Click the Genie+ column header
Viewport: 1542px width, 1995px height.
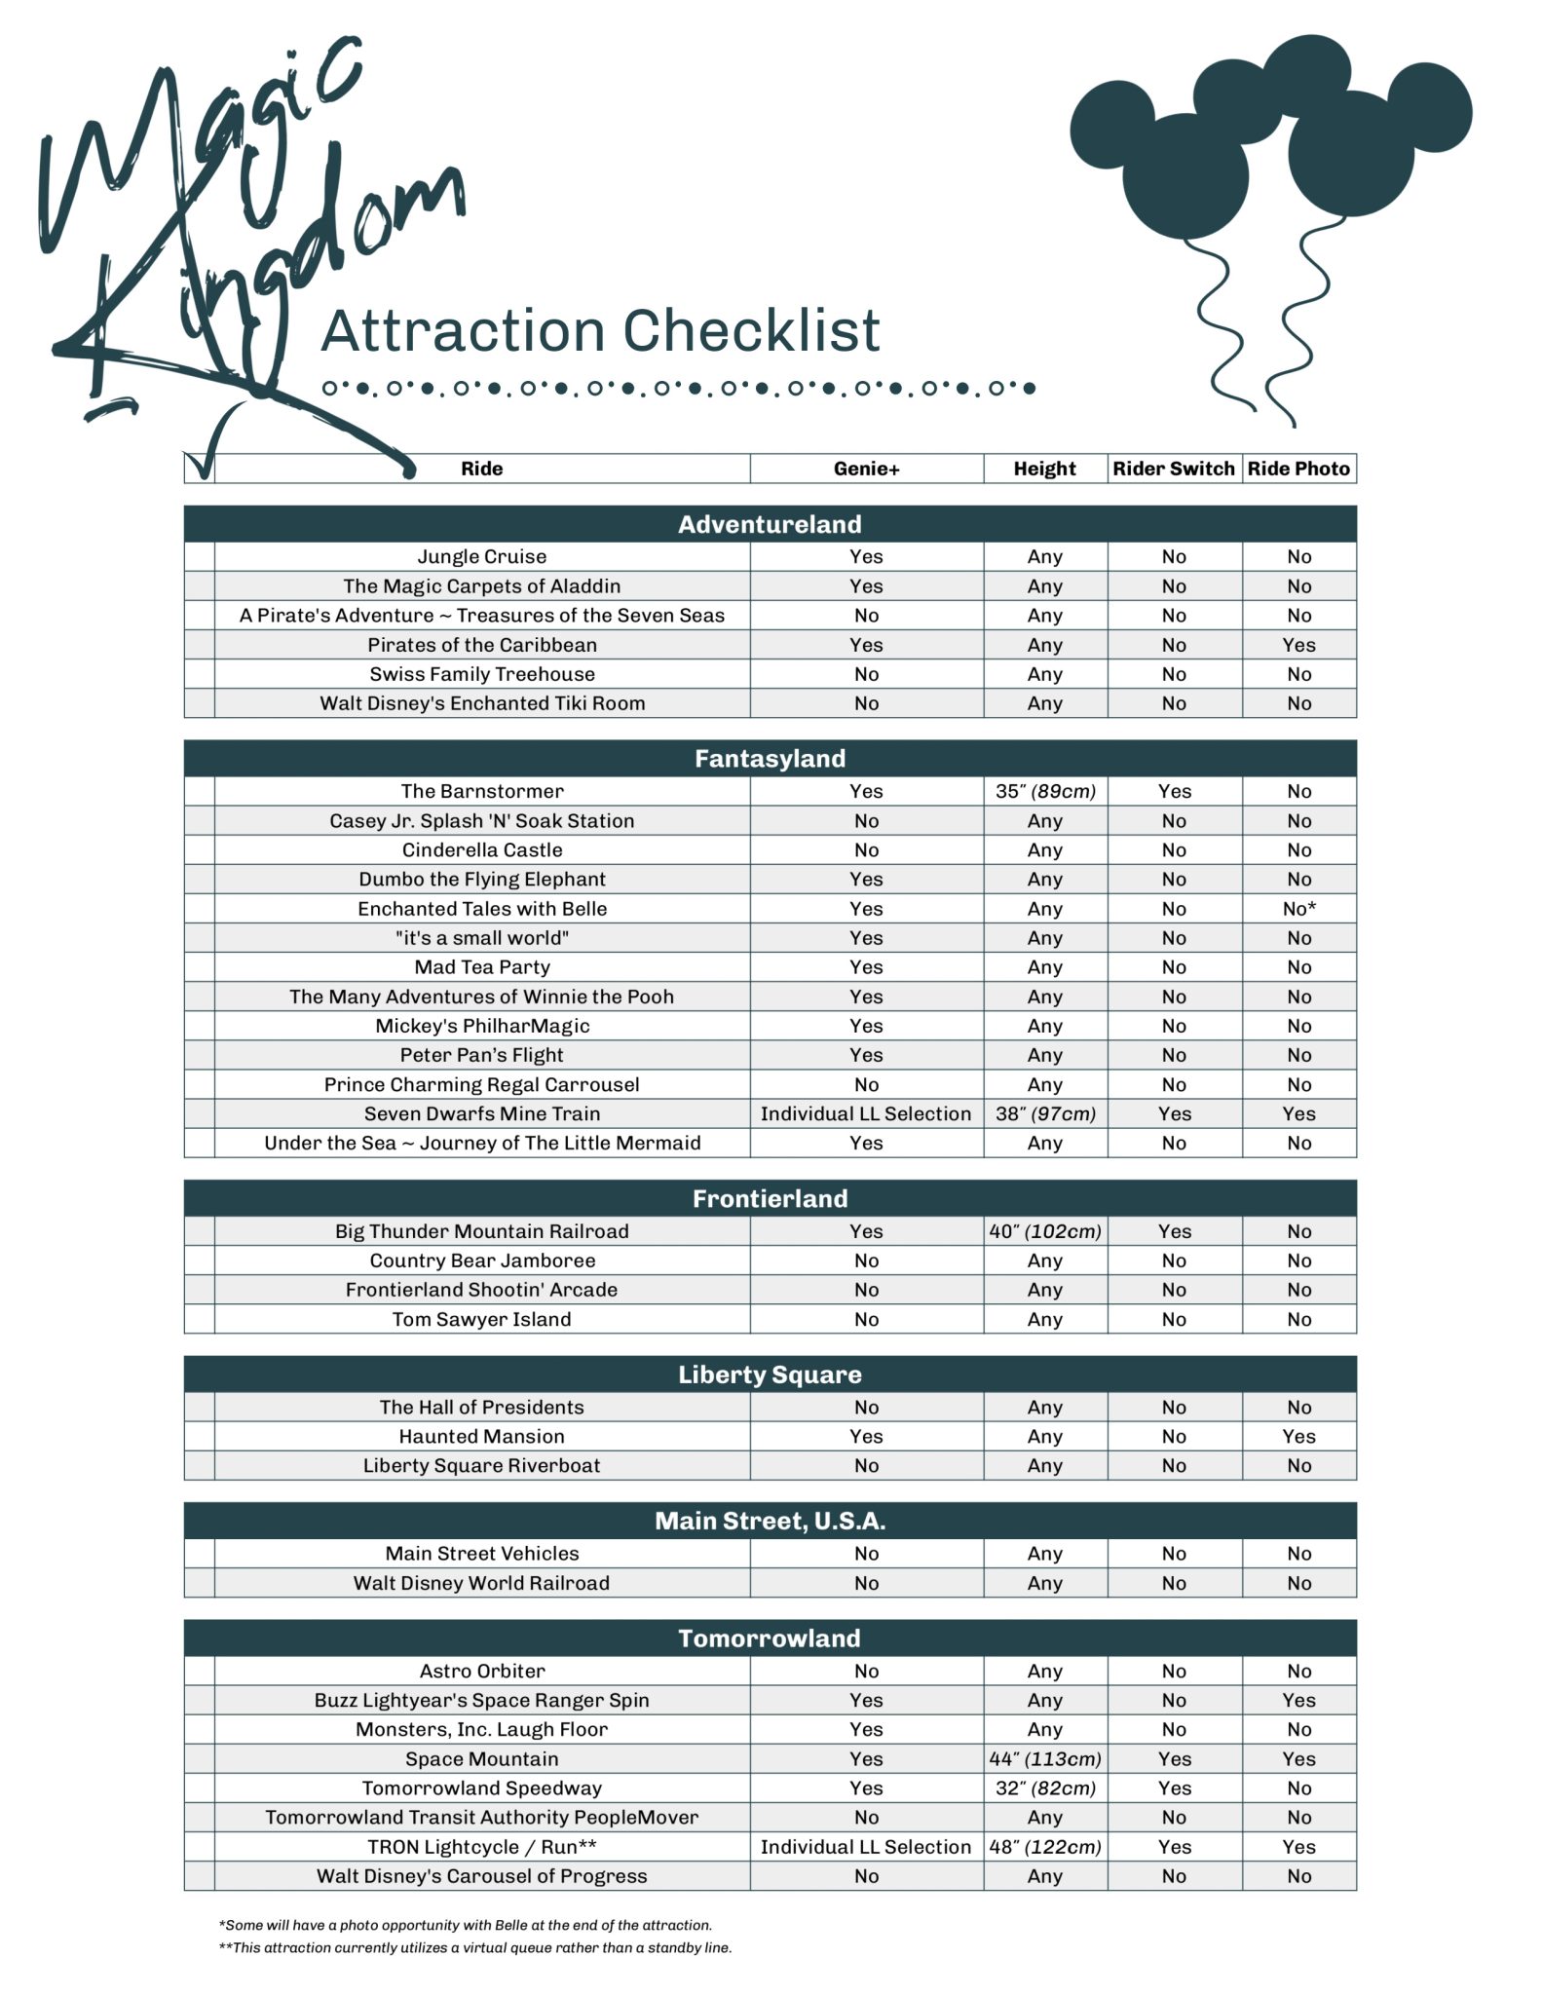click(x=866, y=469)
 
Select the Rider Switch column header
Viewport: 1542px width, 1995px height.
click(x=1173, y=469)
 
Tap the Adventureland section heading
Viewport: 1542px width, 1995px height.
click(x=770, y=524)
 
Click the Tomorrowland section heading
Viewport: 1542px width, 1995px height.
click(x=770, y=1637)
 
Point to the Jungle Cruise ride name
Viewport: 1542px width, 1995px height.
click(x=481, y=556)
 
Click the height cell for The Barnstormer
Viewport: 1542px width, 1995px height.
click(x=1044, y=791)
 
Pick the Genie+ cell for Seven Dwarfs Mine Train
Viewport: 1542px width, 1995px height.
click(x=866, y=1113)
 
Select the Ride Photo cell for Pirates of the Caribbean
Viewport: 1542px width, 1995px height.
click(x=1298, y=645)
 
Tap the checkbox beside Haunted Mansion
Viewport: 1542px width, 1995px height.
click(x=199, y=1436)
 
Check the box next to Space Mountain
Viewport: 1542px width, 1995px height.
click(x=199, y=1758)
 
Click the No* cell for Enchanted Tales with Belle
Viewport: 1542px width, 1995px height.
click(x=1298, y=909)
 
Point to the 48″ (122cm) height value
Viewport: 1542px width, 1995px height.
click(x=1044, y=1847)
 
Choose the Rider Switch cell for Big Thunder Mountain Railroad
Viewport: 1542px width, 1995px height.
click(x=1174, y=1231)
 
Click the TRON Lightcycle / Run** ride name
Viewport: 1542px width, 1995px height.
click(x=481, y=1847)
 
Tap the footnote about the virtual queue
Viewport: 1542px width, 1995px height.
click(x=475, y=1947)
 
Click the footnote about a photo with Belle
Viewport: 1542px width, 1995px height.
click(x=466, y=1925)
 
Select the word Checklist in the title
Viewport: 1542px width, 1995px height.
click(x=751, y=331)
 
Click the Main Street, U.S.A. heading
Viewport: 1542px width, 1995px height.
click(x=770, y=1521)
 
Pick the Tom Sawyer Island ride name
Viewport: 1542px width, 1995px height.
click(x=481, y=1319)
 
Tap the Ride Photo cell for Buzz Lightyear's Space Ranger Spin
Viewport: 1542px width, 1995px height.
click(x=1298, y=1700)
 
